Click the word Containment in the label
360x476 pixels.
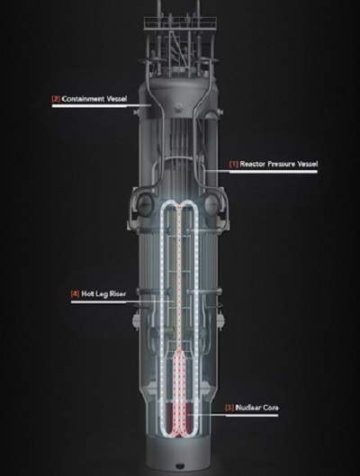click(82, 99)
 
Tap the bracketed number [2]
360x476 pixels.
click(56, 99)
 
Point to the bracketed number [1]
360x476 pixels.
click(234, 164)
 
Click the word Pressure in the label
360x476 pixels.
click(282, 164)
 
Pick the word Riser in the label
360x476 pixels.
click(118, 294)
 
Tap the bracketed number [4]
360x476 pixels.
click(75, 294)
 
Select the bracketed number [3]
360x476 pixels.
click(229, 408)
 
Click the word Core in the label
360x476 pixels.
click(271, 408)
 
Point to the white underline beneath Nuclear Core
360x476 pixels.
click(252, 415)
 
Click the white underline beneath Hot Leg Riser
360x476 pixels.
click(98, 302)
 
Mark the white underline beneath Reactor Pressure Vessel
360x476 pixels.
click(274, 172)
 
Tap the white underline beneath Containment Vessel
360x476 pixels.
click(89, 106)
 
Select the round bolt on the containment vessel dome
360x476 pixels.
click(178, 106)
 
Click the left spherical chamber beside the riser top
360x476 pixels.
click(145, 203)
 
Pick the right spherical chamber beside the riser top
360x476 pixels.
click(212, 203)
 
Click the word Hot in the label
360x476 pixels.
click(86, 294)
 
